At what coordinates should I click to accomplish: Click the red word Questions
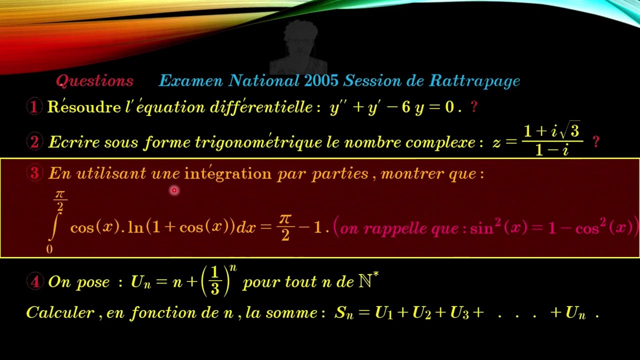[x=94, y=81]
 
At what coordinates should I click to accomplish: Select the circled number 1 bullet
[x=34, y=107]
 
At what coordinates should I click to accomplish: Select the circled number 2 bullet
[x=34, y=142]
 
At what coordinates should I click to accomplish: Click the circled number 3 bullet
[x=34, y=173]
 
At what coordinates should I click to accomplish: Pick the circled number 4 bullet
[x=34, y=281]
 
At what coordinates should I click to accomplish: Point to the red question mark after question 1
[x=474, y=107]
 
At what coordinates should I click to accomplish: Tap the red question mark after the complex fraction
[x=595, y=142]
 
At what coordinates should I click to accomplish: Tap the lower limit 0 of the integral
[x=49, y=249]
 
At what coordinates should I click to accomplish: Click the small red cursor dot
[x=174, y=190]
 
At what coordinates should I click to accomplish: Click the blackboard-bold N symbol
[x=365, y=281]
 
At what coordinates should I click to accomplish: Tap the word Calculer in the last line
[x=60, y=313]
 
